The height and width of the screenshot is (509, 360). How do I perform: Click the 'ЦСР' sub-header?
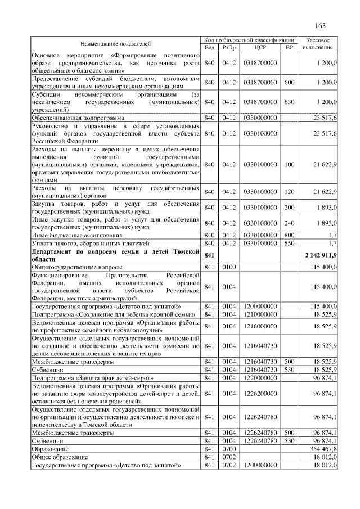pyautogui.click(x=260, y=47)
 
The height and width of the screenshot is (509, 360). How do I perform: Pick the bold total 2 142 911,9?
pyautogui.click(x=319, y=256)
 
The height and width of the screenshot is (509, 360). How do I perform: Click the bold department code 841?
pyautogui.click(x=209, y=256)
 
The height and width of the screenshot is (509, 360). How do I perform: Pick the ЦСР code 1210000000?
pyautogui.click(x=260, y=314)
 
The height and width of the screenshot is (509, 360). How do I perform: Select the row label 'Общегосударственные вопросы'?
pyautogui.click(x=70, y=267)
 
